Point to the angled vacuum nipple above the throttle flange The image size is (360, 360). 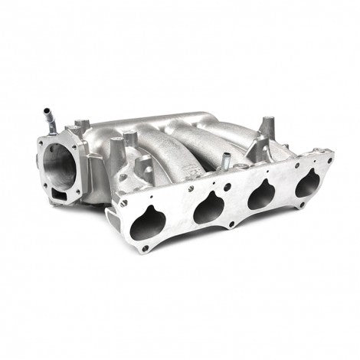(49, 117)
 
